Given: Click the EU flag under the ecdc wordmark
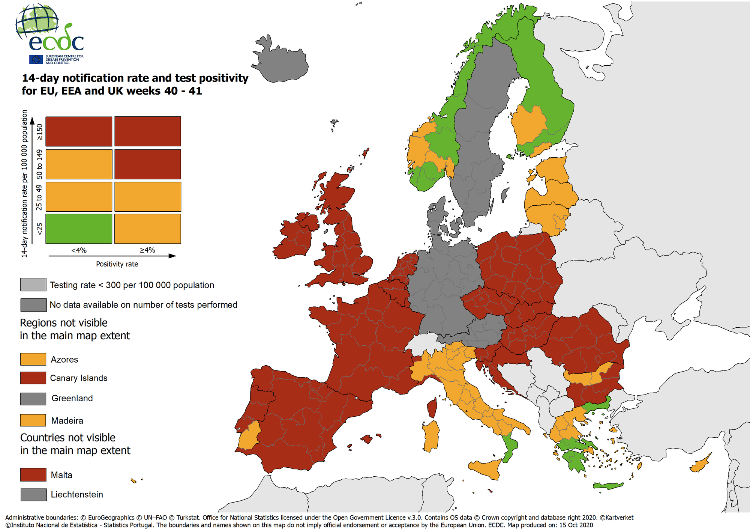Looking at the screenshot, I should click(36, 59).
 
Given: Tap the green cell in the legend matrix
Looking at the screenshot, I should click(79, 229).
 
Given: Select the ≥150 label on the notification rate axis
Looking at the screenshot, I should click(39, 132).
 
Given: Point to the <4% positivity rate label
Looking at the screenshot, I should click(79, 250).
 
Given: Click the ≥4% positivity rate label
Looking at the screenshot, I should click(147, 250).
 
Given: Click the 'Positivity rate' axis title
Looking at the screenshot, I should click(117, 264).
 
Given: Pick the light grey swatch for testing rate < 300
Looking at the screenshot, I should click(33, 285).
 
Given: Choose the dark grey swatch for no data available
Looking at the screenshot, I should click(33, 305).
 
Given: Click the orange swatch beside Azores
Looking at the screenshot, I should click(33, 359).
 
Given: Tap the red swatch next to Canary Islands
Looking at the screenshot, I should click(33, 378).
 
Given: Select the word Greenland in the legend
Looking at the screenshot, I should click(72, 398).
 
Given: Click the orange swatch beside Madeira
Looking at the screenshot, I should click(33, 420).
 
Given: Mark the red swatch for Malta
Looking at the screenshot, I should click(33, 475).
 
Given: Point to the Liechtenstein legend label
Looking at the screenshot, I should click(77, 495).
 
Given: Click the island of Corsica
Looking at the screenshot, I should click(432, 408).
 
